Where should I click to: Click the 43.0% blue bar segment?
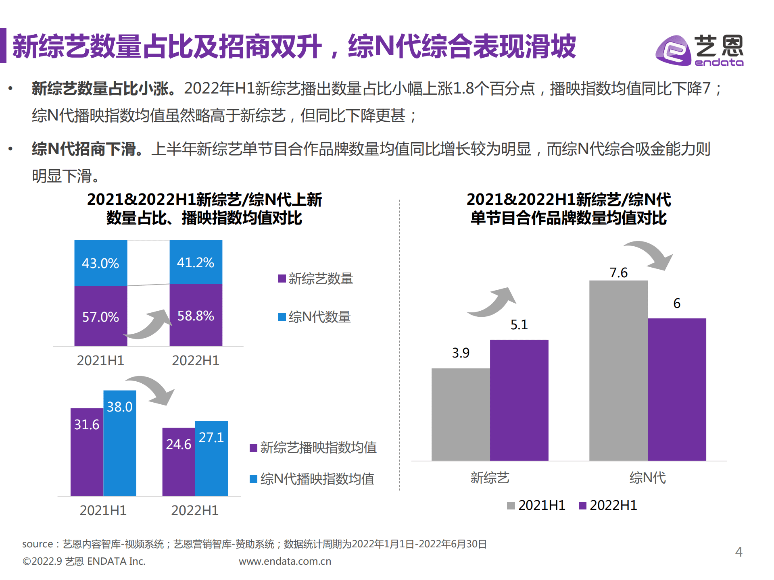click(x=100, y=263)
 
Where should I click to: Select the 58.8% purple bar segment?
click(x=196, y=315)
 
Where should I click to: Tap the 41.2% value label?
click(x=196, y=263)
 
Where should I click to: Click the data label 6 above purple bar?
click(x=677, y=304)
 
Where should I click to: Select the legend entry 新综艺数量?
click(x=315, y=279)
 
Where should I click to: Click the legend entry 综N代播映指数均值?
click(x=312, y=479)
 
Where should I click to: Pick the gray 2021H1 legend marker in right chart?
click(x=511, y=505)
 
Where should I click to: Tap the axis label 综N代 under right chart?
click(x=647, y=478)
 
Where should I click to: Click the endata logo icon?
click(x=673, y=50)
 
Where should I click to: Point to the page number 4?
click(x=739, y=551)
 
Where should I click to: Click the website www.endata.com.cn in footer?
click(x=285, y=561)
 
